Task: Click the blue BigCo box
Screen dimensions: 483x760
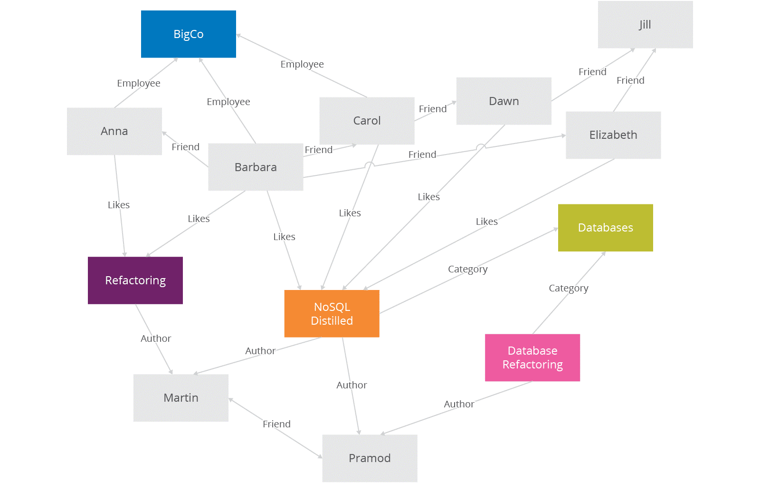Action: pyautogui.click(x=188, y=34)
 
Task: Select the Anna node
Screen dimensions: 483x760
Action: pyautogui.click(x=114, y=131)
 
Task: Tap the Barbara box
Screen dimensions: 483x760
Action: pyautogui.click(x=256, y=167)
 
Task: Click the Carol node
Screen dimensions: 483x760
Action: pyautogui.click(x=367, y=121)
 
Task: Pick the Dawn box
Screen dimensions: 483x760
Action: pyautogui.click(x=503, y=101)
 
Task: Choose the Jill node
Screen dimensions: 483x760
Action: pyautogui.click(x=645, y=25)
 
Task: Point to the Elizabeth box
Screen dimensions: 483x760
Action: pyautogui.click(x=613, y=135)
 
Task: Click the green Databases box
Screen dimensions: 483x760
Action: pyautogui.click(x=605, y=228)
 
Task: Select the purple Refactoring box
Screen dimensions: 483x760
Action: pyautogui.click(x=135, y=280)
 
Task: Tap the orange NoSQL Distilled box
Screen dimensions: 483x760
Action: pyautogui.click(x=332, y=314)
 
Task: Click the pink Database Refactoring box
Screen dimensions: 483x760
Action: pyautogui.click(x=532, y=357)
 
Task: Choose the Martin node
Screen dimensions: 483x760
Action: pyautogui.click(x=180, y=398)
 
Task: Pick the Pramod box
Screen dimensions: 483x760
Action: pyautogui.click(x=370, y=458)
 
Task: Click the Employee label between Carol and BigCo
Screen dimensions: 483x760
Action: pyautogui.click(x=302, y=64)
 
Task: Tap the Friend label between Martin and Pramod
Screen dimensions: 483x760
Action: pyautogui.click(x=276, y=424)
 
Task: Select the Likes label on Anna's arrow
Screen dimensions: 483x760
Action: pyautogui.click(x=119, y=205)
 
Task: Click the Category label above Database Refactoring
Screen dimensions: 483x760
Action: pyautogui.click(x=568, y=288)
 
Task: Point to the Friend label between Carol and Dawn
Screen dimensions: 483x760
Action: pyautogui.click(x=433, y=109)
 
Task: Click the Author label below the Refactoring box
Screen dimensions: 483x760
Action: pyautogui.click(x=156, y=338)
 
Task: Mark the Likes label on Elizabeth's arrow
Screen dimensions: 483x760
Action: pyautogui.click(x=486, y=222)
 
